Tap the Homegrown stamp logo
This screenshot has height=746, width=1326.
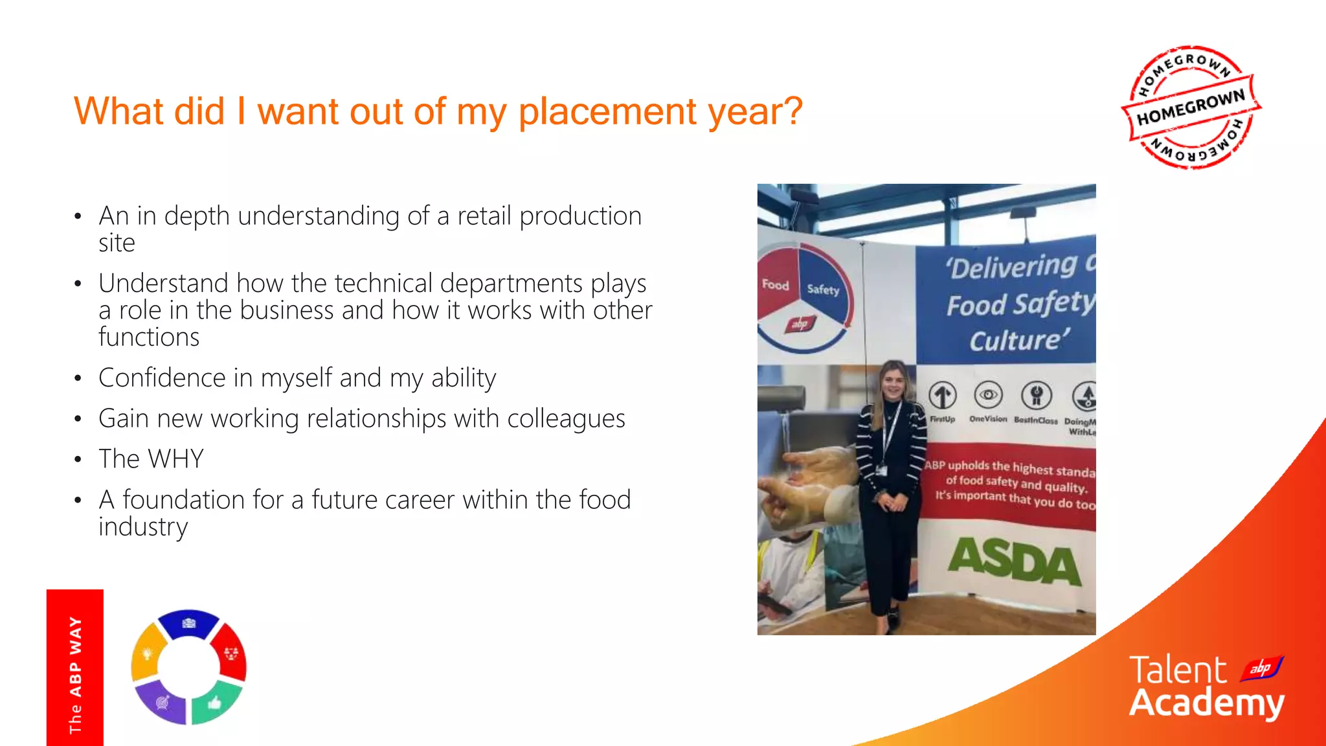[1191, 107]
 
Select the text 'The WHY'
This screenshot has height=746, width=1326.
[151, 458]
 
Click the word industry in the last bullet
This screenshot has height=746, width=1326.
[143, 527]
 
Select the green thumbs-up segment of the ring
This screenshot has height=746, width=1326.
[216, 703]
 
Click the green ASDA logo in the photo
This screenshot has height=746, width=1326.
[1014, 561]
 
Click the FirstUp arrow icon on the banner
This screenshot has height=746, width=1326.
[943, 396]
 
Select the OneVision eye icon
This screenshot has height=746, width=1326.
[988, 394]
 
